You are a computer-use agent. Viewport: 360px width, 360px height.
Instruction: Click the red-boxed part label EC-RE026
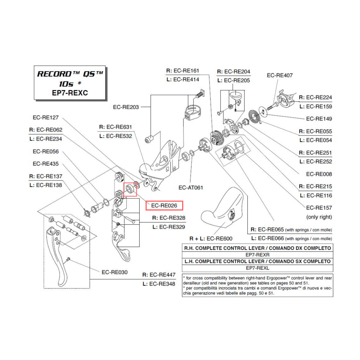164,206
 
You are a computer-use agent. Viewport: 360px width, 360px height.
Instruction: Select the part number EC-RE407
280,75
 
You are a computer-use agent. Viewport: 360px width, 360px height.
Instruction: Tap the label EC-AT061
191,188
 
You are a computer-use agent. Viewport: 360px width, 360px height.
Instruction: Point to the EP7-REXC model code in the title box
70,93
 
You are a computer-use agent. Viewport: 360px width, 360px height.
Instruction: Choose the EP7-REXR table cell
257,255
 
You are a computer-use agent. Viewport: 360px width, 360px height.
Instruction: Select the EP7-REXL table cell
257,268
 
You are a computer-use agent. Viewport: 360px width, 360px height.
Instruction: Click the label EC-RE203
126,107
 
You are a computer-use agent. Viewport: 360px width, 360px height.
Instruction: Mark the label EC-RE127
48,117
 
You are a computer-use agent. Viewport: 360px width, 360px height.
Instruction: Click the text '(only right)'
319,217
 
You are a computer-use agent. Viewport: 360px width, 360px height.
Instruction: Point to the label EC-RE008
319,174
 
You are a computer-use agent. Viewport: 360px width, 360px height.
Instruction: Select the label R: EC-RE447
159,275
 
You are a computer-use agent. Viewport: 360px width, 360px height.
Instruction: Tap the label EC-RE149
319,119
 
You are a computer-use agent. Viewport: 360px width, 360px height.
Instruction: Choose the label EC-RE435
45,163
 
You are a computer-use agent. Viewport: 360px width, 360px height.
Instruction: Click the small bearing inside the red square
130,189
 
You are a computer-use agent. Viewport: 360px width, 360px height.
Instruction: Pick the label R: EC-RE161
183,71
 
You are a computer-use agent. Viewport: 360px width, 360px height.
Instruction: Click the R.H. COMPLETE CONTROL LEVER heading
257,248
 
